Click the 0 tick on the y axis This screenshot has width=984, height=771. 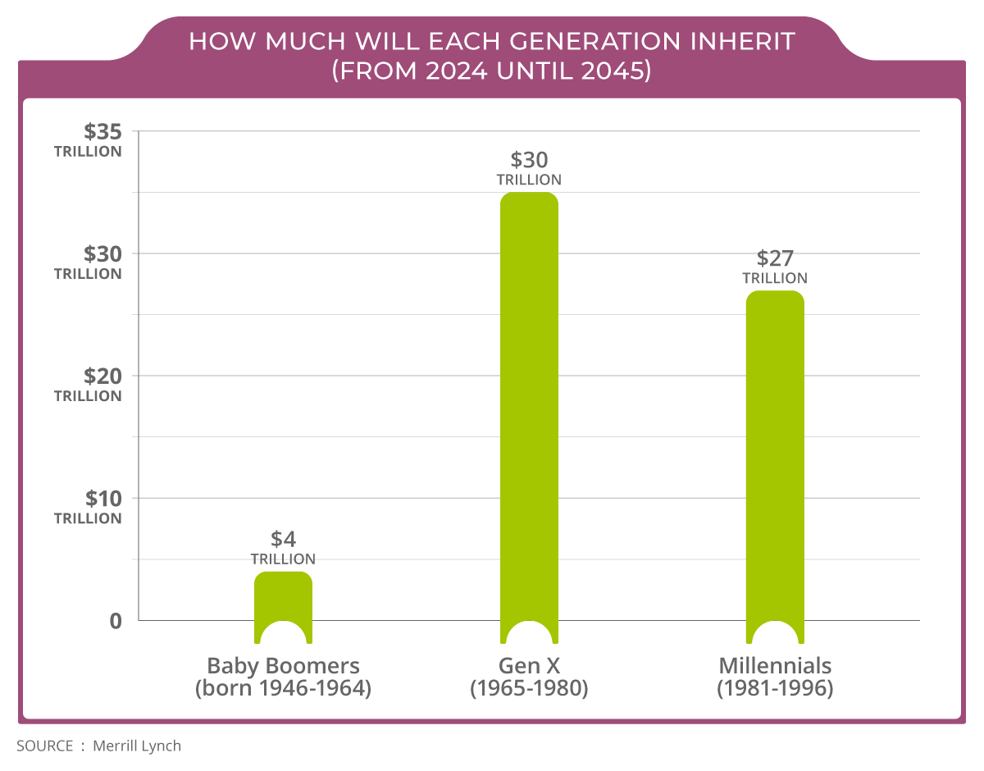coord(116,621)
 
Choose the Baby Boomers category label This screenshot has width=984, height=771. coord(283,665)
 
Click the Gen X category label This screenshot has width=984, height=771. coord(529,665)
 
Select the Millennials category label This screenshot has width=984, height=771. coord(775,665)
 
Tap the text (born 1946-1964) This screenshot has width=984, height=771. coord(283,689)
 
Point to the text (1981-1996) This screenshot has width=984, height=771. coord(775,689)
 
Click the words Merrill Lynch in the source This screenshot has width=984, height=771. coord(137,746)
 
